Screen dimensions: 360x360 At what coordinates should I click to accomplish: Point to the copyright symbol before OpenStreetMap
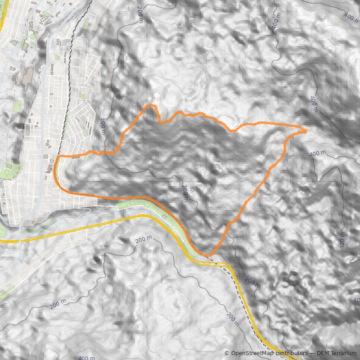(227, 353)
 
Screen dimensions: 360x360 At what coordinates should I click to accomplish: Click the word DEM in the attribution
(323, 353)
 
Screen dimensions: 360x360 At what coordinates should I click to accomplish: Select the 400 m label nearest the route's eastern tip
(318, 153)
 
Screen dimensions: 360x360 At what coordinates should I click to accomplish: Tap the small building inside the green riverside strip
(165, 217)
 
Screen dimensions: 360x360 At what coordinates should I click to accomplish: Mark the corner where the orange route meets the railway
(58, 157)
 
